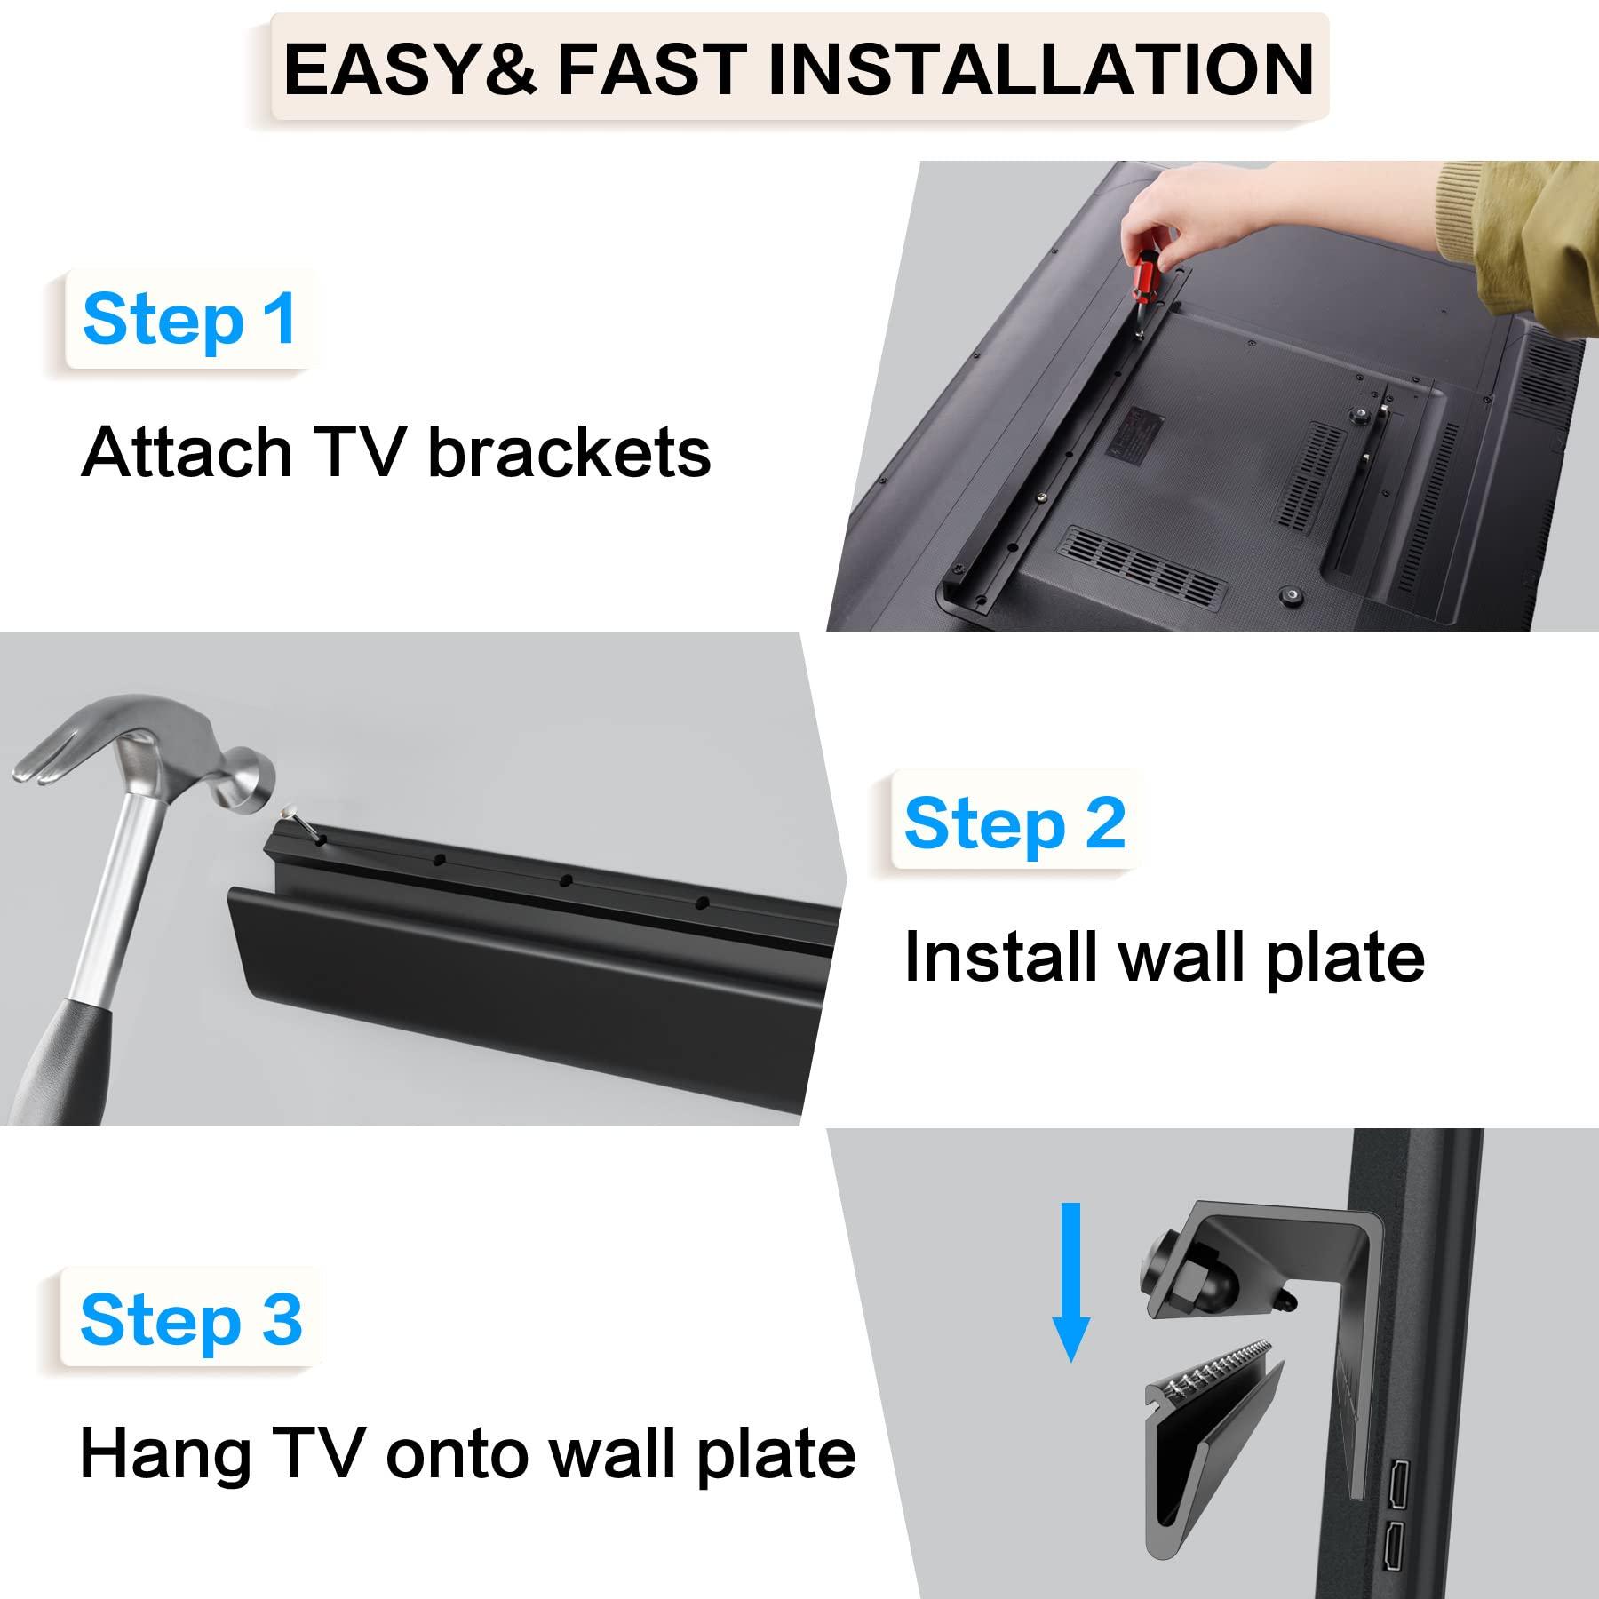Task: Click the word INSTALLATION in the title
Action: [x=1040, y=69]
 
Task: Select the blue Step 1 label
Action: [x=189, y=319]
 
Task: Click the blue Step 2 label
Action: [x=1014, y=823]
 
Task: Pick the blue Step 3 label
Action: [x=191, y=1320]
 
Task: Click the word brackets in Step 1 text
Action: [x=569, y=452]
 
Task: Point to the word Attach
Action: [x=184, y=452]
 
